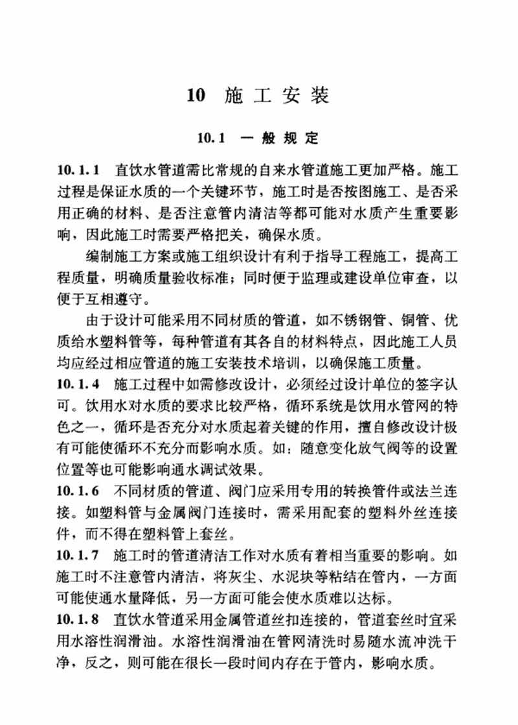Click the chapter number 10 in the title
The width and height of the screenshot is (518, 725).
tap(196, 96)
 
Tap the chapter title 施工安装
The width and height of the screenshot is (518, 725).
tap(277, 96)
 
